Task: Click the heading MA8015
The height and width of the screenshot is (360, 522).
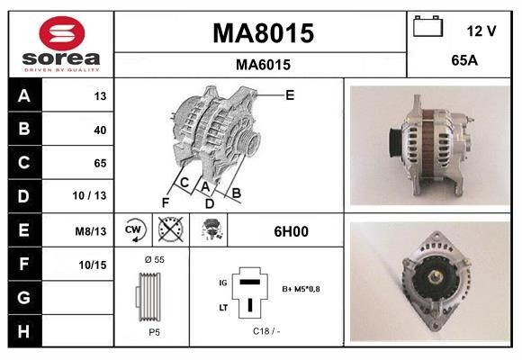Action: point(263,33)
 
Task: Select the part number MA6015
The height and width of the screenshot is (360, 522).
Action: point(263,65)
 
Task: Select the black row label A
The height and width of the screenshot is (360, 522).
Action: point(23,95)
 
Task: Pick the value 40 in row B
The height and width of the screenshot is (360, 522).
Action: point(99,130)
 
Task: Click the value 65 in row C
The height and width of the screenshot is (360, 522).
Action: point(99,163)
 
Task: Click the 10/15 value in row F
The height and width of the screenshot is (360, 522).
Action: point(94,265)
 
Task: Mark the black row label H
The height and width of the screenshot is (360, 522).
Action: point(23,331)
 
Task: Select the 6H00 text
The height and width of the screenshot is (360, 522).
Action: point(291,231)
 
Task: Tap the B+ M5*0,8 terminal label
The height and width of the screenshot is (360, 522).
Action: point(301,289)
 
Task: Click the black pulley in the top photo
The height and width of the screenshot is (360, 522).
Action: point(393,142)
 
